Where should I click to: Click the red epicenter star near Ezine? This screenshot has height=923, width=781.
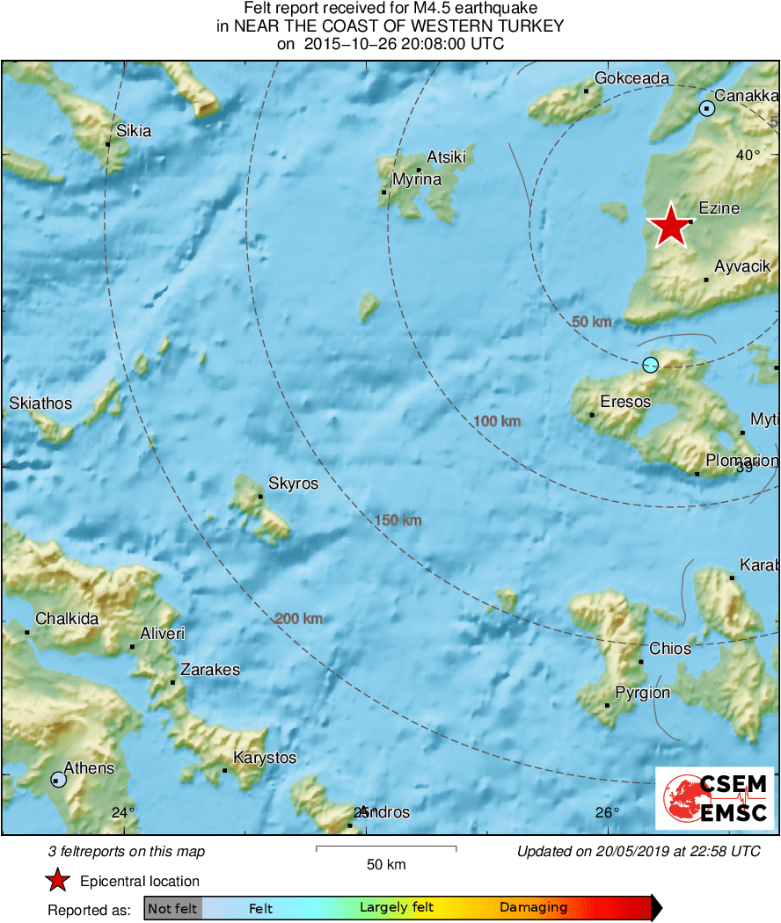tap(670, 225)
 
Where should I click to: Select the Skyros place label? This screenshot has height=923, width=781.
tap(293, 483)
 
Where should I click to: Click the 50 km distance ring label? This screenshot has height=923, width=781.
tap(591, 322)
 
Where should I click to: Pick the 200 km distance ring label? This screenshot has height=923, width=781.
tap(298, 619)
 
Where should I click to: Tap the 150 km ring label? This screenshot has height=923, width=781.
tap(398, 520)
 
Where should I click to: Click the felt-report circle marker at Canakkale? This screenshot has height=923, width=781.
tap(706, 109)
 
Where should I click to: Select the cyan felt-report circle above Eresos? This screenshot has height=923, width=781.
tap(650, 364)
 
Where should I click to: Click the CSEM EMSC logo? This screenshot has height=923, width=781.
tap(714, 798)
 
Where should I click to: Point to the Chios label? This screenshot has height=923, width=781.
tap(669, 649)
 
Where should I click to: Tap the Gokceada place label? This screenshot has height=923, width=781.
tap(631, 78)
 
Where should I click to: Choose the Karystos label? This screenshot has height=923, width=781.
tap(265, 758)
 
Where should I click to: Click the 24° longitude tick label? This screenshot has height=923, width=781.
tap(123, 812)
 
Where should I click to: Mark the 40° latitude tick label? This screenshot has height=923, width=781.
tap(748, 155)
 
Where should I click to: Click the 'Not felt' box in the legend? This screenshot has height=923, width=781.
tap(172, 908)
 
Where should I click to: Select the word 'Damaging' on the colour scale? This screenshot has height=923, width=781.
tap(533, 908)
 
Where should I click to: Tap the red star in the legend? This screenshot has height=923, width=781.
tap(58, 881)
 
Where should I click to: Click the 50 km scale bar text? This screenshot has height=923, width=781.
tap(385, 864)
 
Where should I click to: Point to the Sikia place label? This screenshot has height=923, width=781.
tap(134, 131)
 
